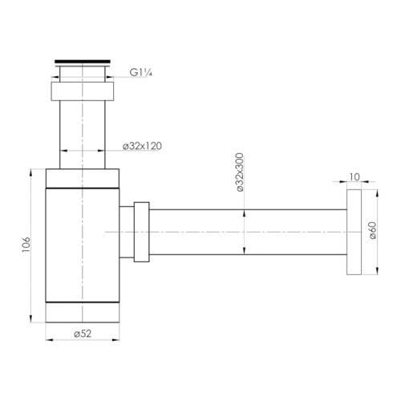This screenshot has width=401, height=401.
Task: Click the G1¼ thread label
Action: click(141, 72)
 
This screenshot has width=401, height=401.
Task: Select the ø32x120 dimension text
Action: click(142, 146)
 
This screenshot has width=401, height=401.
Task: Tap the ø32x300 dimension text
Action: click(240, 172)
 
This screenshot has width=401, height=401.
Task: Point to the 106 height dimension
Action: click(26, 245)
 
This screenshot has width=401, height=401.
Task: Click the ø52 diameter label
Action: click(83, 334)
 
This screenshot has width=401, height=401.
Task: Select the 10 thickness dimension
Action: click(354, 177)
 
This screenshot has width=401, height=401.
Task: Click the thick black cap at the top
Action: click(83, 62)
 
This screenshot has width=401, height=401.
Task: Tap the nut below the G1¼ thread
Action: click(83, 91)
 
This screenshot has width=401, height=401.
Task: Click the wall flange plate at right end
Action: click(354, 232)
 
